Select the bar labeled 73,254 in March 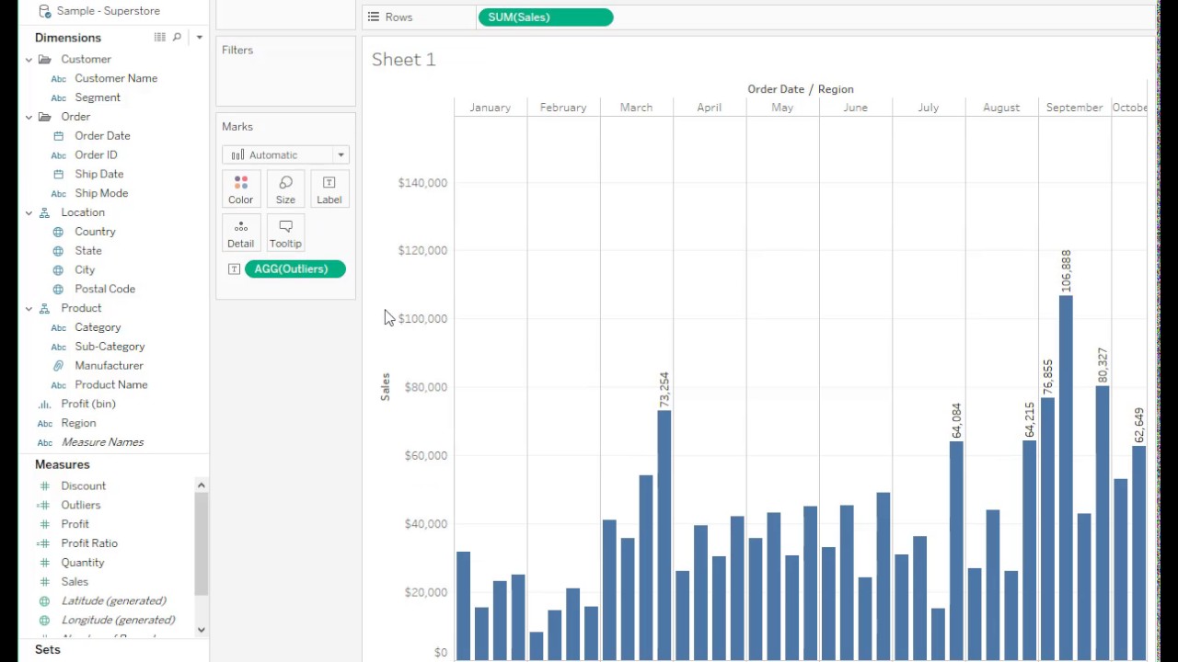click(x=664, y=533)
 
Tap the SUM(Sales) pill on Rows click(x=546, y=17)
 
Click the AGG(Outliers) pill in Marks click(x=294, y=269)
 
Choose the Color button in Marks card click(x=241, y=189)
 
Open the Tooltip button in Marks click(x=285, y=234)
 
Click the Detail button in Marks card click(x=241, y=234)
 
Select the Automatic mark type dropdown click(x=285, y=155)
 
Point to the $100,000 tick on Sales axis click(x=422, y=319)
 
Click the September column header click(x=1074, y=108)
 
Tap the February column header click(x=563, y=108)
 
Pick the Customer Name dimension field click(x=116, y=78)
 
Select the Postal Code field click(x=105, y=289)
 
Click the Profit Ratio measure click(x=89, y=543)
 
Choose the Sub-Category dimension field click(x=110, y=347)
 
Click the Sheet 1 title click(x=404, y=60)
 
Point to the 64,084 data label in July click(x=956, y=420)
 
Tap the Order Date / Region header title click(x=800, y=89)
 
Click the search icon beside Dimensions click(x=177, y=38)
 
